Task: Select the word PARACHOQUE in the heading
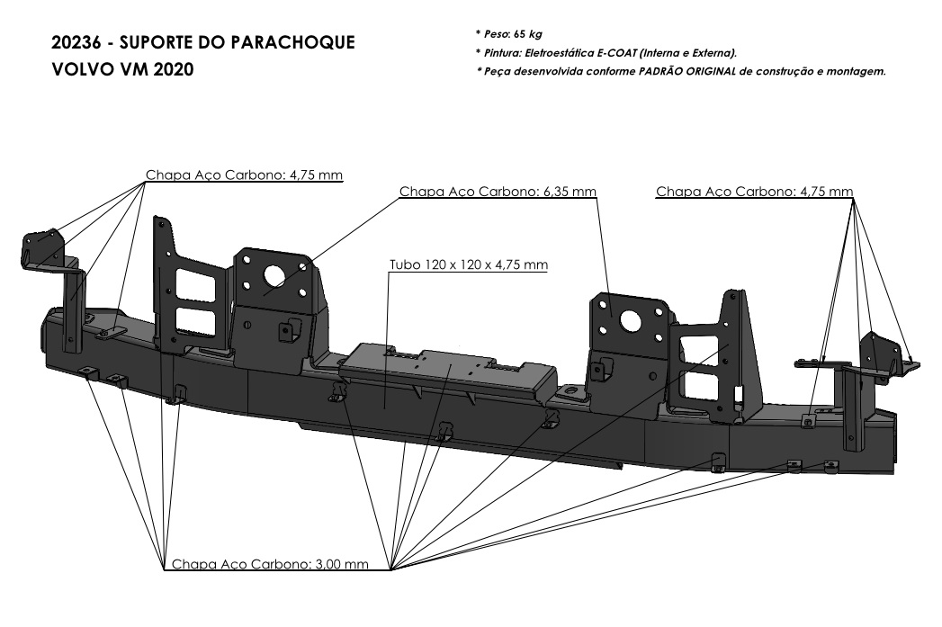[301, 43]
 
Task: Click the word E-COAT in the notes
[608, 52]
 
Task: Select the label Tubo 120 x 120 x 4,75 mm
[468, 265]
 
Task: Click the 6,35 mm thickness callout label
[498, 192]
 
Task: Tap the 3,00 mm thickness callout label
[270, 564]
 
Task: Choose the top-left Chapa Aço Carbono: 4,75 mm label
[244, 175]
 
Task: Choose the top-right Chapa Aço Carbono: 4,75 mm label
[754, 192]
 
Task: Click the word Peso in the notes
[495, 34]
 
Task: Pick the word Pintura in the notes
[500, 52]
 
